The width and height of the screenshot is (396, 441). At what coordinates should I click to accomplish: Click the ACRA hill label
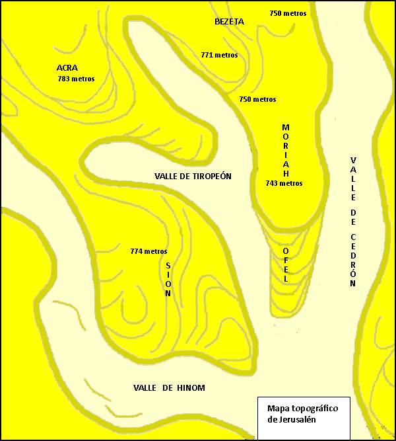[67, 67]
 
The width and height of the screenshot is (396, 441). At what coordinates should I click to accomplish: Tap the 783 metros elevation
[76, 79]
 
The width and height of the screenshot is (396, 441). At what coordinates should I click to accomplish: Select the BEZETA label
[230, 21]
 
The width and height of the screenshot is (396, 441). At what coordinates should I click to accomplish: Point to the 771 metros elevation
[219, 55]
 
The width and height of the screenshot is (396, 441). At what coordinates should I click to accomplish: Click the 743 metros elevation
[284, 183]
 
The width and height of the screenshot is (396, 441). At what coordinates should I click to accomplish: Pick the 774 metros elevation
[148, 251]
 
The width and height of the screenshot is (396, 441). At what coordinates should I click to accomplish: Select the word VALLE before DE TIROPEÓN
[168, 176]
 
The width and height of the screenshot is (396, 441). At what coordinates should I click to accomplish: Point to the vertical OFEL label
[286, 266]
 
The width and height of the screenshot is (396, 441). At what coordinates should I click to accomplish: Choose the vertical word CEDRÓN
[353, 260]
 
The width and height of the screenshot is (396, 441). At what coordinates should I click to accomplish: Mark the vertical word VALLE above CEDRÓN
[353, 179]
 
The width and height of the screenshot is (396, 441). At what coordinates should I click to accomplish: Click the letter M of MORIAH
[286, 127]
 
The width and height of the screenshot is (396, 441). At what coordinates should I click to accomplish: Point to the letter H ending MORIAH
[286, 173]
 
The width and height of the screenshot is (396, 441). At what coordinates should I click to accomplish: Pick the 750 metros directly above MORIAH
[257, 99]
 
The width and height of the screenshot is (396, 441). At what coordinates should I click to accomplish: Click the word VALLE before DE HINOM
[146, 388]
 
